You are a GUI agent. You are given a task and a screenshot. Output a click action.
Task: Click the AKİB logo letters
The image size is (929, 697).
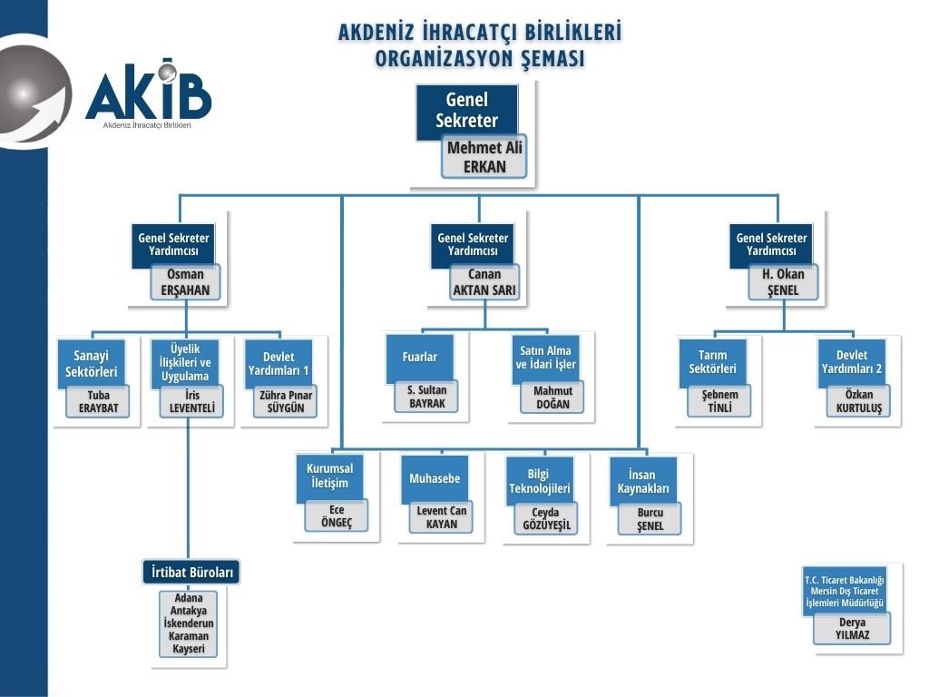150,93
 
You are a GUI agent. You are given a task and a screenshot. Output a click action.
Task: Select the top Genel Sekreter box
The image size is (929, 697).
467,111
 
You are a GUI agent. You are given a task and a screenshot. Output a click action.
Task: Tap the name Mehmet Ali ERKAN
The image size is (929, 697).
485,157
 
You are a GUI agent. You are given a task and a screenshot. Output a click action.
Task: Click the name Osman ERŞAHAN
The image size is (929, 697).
186,281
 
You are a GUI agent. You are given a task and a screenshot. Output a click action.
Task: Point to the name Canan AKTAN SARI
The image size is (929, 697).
484,281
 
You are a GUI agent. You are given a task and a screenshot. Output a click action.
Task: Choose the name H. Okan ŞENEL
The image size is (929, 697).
783,281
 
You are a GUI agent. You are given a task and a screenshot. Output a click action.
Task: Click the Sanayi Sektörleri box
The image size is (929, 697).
92,363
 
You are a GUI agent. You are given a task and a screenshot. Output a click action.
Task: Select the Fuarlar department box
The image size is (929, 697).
419,358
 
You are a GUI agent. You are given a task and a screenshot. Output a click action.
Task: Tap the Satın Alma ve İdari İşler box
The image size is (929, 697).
546,358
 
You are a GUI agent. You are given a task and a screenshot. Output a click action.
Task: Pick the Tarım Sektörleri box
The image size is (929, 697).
712,361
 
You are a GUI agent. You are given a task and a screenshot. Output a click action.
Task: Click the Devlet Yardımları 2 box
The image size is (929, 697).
851,361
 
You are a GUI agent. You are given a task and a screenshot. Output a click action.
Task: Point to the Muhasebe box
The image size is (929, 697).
435,478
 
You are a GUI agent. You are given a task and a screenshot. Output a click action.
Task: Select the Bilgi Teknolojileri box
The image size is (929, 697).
539,480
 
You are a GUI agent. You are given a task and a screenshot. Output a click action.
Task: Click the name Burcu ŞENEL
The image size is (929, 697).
650,519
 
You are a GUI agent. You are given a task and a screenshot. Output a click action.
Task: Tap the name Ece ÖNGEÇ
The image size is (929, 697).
337,515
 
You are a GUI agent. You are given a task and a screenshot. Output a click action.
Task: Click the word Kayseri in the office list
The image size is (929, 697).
189,649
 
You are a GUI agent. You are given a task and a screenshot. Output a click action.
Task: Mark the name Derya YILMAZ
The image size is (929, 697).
852,629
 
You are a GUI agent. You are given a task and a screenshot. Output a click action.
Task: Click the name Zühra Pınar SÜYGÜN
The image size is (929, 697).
286,402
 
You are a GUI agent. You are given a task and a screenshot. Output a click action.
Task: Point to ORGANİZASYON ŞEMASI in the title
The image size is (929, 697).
480,57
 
